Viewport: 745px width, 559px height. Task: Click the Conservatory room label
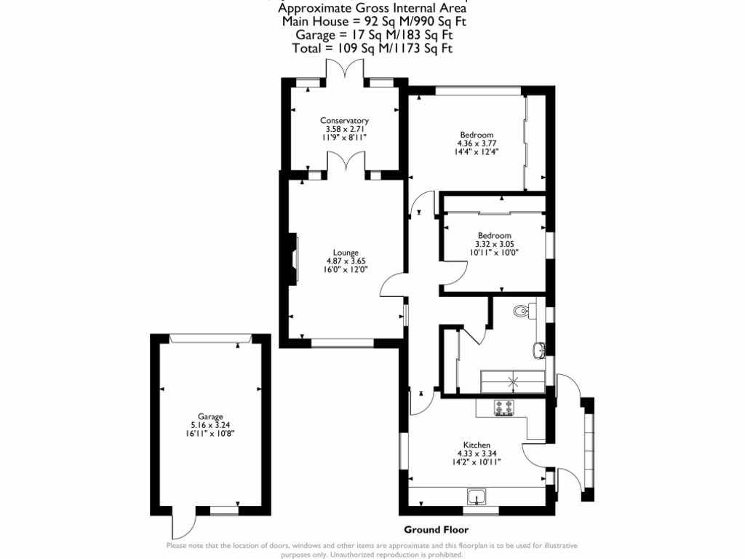(x=345, y=121)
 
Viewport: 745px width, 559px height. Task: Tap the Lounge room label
(x=346, y=253)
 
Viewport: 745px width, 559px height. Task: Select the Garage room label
(x=211, y=416)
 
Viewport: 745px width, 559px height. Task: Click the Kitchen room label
(x=477, y=445)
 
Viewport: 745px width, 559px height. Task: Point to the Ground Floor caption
(x=437, y=530)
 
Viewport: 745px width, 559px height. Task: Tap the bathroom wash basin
(x=539, y=350)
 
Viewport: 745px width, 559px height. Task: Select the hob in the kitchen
(x=503, y=408)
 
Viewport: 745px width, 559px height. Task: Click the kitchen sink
(x=477, y=497)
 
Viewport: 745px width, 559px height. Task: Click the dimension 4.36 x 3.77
(x=477, y=143)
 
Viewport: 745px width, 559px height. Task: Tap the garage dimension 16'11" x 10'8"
(x=211, y=433)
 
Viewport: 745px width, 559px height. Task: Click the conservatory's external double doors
(x=344, y=71)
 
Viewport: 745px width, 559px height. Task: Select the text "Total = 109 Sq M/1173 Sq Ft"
(x=372, y=48)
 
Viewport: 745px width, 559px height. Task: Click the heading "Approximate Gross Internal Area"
(x=372, y=9)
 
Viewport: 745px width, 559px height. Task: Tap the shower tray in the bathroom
(x=513, y=381)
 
